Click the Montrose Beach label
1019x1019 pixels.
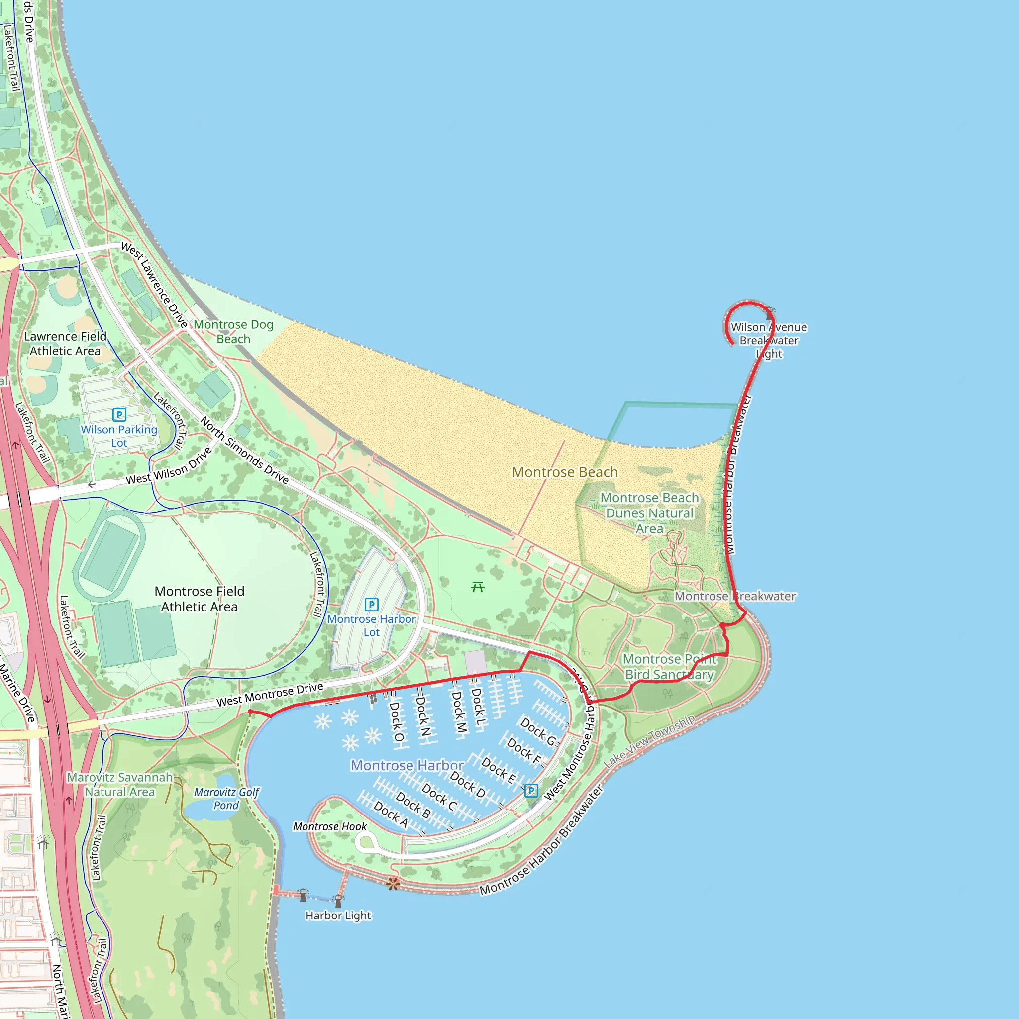(x=565, y=472)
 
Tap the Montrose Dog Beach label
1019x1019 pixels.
(x=233, y=332)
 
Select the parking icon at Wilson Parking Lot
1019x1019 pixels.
(x=119, y=415)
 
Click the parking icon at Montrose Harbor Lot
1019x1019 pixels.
(x=371, y=605)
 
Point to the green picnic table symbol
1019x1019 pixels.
(x=478, y=587)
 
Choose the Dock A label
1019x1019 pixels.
(x=391, y=814)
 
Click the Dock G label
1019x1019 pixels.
(x=538, y=731)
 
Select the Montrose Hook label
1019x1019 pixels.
(x=330, y=826)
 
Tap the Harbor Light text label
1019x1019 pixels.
(x=338, y=915)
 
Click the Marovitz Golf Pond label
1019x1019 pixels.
(x=226, y=799)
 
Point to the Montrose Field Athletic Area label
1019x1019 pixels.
(x=200, y=599)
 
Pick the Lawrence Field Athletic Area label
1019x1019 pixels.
(x=65, y=343)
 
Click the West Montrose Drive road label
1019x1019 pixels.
(x=270, y=695)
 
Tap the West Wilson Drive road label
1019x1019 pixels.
(x=169, y=466)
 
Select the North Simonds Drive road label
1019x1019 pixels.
(x=244, y=450)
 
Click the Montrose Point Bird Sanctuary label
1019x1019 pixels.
(x=669, y=667)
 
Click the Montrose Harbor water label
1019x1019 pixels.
(x=407, y=765)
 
